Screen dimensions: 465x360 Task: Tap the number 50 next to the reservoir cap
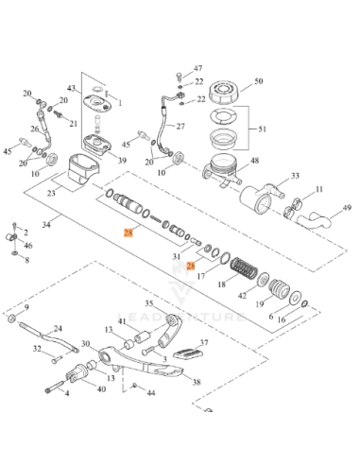259,83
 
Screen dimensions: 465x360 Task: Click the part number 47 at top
197,69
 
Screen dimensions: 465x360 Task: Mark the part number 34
35,225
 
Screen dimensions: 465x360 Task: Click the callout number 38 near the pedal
196,383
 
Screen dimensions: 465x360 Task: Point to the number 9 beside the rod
26,308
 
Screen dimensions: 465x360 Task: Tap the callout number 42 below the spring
243,295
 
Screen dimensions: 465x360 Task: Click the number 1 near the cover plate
120,102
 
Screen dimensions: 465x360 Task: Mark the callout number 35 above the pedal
147,302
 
